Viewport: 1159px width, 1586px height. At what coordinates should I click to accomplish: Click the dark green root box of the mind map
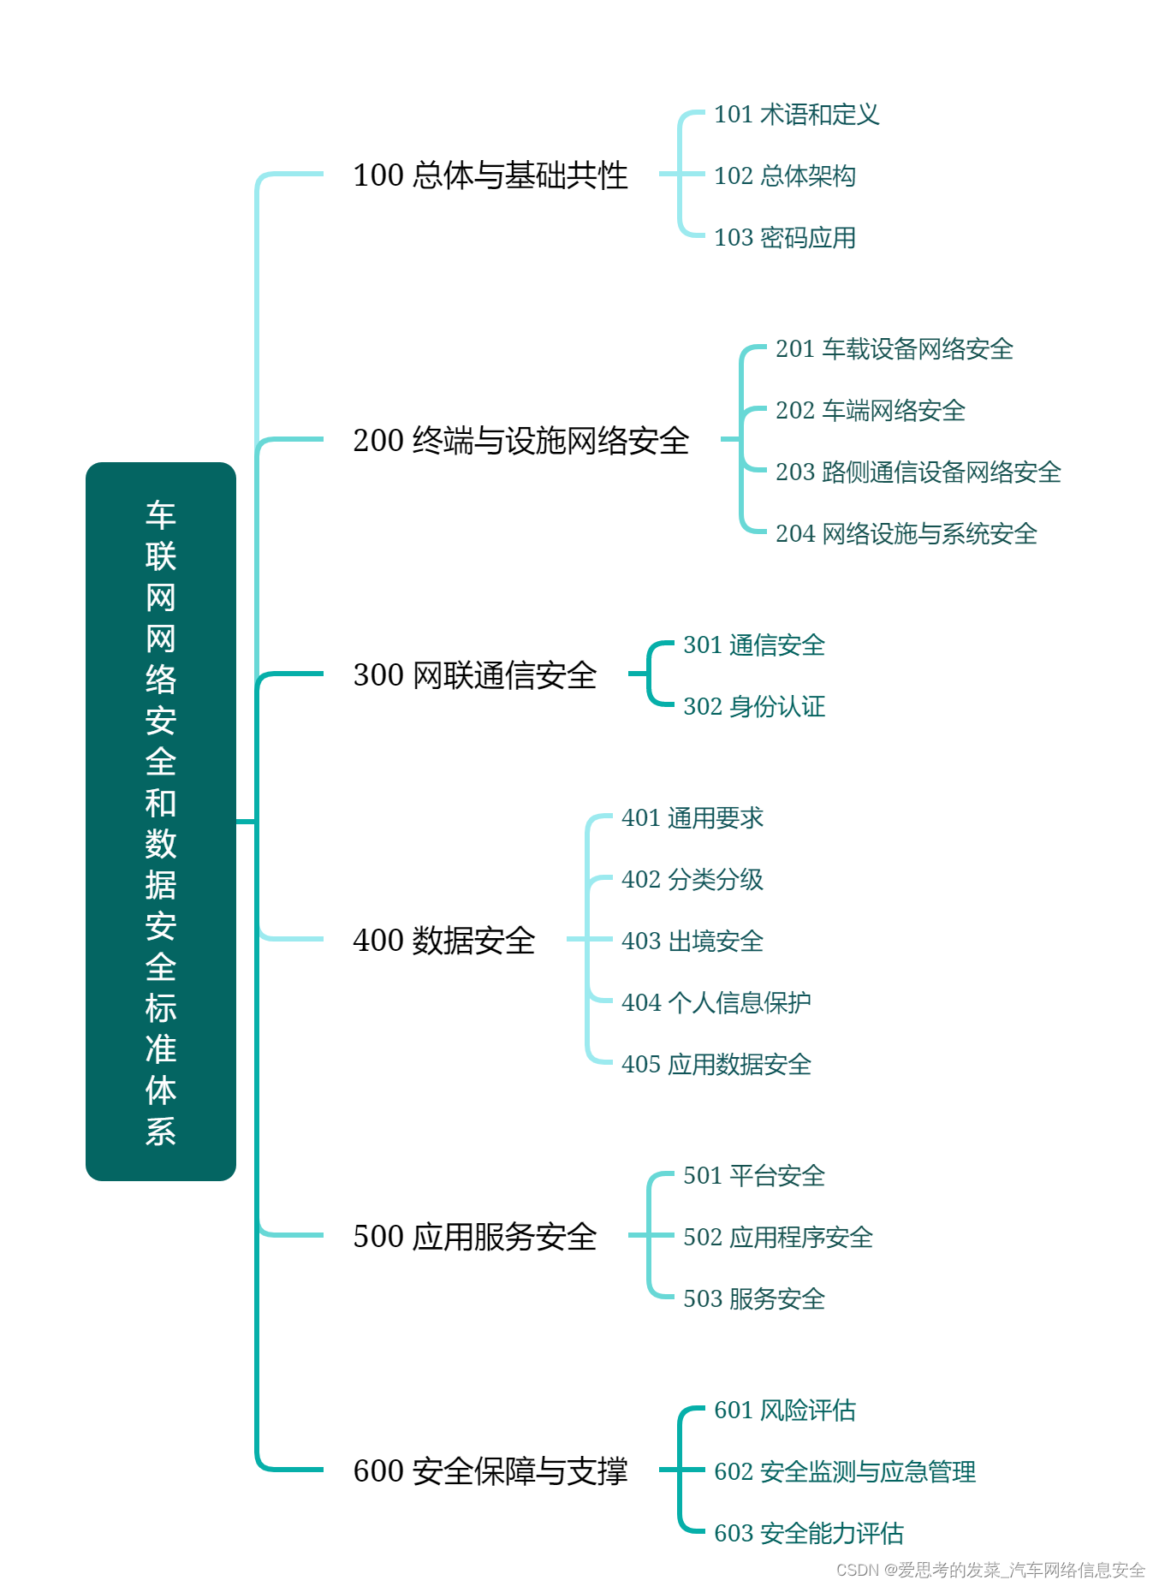click(x=161, y=821)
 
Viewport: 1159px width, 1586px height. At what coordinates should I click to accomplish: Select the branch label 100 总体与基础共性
click(x=490, y=175)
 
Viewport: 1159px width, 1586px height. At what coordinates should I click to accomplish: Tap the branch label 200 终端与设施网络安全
click(x=520, y=441)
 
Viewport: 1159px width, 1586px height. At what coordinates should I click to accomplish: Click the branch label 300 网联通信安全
click(x=474, y=675)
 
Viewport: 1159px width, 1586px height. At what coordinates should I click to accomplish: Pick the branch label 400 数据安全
click(x=443, y=941)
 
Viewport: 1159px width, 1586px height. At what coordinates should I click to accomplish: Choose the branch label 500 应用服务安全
click(x=474, y=1237)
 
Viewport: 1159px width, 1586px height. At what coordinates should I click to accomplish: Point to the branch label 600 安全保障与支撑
click(x=490, y=1471)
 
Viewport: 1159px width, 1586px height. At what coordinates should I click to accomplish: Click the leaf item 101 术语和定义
click(x=796, y=115)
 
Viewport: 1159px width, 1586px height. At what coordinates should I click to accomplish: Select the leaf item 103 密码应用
click(x=784, y=238)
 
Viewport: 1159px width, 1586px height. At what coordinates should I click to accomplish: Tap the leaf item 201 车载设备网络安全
click(x=894, y=349)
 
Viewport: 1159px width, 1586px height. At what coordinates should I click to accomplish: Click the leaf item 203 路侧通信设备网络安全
click(x=918, y=472)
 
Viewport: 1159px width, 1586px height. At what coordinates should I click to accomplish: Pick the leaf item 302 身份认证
click(x=753, y=707)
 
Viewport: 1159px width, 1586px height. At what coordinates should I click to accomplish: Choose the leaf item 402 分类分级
click(x=692, y=880)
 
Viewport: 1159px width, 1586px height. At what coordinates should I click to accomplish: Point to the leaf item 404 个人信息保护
click(x=716, y=1003)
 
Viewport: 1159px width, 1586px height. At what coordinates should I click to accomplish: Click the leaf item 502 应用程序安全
click(x=777, y=1238)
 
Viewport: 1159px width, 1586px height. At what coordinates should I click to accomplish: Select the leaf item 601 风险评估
click(x=784, y=1411)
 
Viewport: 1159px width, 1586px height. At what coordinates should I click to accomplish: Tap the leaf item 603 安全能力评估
click(x=808, y=1534)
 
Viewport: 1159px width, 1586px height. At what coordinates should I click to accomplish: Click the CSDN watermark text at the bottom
click(x=990, y=1570)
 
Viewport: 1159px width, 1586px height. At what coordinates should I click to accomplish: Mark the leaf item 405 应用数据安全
click(x=716, y=1065)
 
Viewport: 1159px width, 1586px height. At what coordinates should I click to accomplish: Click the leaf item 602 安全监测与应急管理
click(x=844, y=1472)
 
